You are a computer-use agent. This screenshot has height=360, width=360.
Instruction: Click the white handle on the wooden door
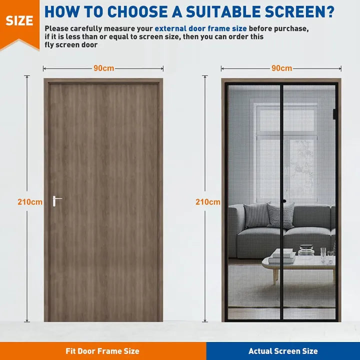click(55, 201)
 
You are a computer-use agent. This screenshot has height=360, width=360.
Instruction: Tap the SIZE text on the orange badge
click(19, 21)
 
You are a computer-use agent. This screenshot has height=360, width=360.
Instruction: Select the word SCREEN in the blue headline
click(294, 11)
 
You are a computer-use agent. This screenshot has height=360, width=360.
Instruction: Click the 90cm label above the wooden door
click(104, 68)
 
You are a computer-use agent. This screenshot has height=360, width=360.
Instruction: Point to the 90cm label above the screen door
click(281, 68)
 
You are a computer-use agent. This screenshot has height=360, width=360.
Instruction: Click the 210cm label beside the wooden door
click(30, 202)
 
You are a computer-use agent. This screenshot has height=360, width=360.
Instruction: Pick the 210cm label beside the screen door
click(208, 202)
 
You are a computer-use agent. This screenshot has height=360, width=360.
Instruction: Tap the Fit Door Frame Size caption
click(102, 351)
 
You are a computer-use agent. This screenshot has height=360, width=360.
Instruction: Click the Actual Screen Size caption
click(283, 351)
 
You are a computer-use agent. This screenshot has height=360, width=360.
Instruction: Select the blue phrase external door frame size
click(200, 28)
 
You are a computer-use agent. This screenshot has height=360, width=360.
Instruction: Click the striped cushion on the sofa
click(280, 216)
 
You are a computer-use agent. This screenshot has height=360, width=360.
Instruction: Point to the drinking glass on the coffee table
click(323, 255)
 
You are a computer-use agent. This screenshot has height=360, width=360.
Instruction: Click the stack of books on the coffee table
click(282, 256)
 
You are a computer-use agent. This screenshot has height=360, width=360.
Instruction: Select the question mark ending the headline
click(330, 11)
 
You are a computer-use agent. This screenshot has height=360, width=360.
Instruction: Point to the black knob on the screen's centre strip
click(284, 201)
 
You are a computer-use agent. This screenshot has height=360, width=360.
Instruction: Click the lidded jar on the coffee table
click(306, 250)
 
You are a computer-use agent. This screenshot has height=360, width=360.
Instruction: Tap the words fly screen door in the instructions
click(71, 45)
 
